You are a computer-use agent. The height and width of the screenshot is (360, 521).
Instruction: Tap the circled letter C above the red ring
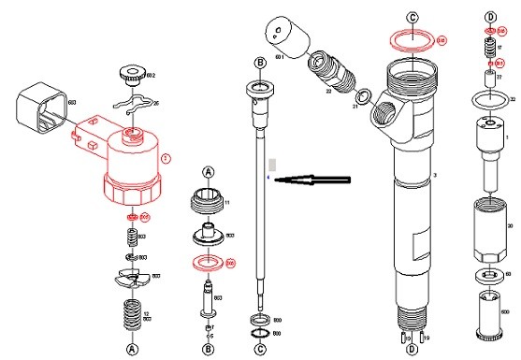tap(412, 17)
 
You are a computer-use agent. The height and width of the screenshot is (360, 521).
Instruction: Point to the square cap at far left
tap(40, 106)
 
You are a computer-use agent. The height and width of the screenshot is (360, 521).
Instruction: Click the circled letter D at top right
tap(489, 16)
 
